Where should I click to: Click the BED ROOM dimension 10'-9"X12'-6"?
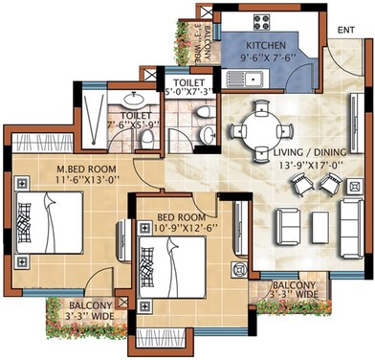click(187, 229)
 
